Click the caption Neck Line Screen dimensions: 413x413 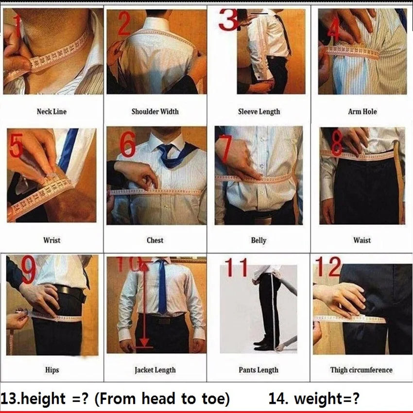(52, 111)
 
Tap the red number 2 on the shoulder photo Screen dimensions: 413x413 (123, 24)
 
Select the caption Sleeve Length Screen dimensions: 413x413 (259, 111)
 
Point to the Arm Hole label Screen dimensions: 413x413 (362, 111)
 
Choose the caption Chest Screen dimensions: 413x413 (155, 240)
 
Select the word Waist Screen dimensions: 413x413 (362, 240)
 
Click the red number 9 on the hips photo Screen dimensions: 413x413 (28, 271)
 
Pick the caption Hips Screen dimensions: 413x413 (52, 370)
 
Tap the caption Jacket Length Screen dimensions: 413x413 (155, 370)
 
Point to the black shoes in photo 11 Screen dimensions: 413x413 (265, 345)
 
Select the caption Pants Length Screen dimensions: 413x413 (258, 370)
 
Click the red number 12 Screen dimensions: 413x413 (328, 267)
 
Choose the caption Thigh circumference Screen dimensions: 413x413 (361, 370)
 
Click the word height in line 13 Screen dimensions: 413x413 (41, 399)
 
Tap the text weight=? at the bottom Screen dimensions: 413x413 (327, 399)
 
